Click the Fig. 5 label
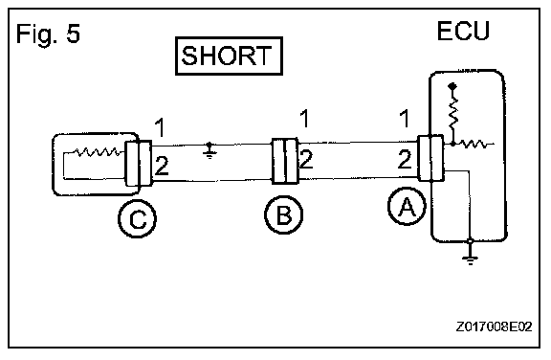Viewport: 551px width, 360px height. coord(48,34)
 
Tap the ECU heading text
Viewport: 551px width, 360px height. coord(463,31)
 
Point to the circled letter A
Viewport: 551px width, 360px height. coord(407,207)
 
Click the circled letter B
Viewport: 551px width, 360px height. coord(283,215)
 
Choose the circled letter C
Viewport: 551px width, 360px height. coord(137,219)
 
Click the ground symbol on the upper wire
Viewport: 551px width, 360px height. coord(209,150)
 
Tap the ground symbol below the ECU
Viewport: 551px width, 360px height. coord(470,253)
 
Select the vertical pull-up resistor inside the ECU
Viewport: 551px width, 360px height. coord(453,112)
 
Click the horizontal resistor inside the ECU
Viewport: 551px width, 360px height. coord(472,144)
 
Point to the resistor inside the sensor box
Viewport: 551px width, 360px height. coord(98,152)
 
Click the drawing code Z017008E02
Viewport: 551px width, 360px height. coord(494,326)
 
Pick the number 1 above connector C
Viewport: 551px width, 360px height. coord(160,127)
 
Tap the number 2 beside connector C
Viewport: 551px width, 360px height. coord(162,166)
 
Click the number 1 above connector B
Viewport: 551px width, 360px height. coord(304,119)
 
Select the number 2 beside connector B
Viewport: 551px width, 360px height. coord(306,159)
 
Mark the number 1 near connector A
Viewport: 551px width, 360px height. coord(405,119)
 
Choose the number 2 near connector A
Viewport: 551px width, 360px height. coord(405,159)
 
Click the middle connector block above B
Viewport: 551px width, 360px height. coord(285,162)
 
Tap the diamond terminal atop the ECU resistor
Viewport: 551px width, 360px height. coord(452,86)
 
